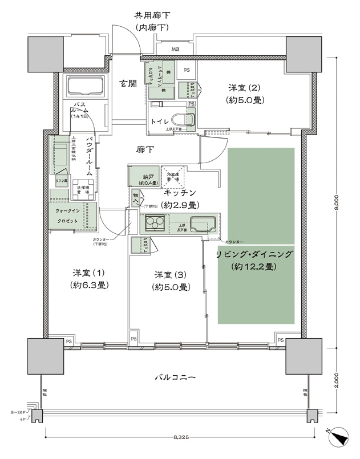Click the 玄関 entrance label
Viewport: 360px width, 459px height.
(128, 84)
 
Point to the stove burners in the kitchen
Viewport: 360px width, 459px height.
(154, 223)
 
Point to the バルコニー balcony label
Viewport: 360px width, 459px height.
(175, 377)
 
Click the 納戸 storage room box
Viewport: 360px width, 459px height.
(139, 176)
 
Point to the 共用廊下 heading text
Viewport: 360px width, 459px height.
(152, 15)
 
